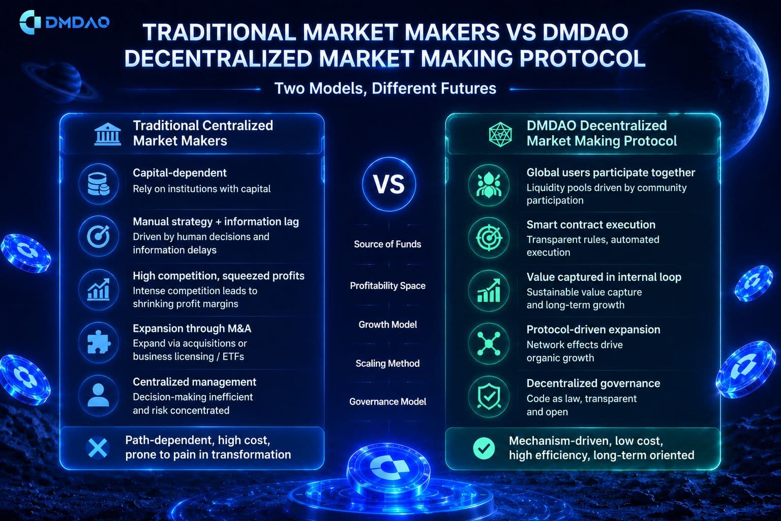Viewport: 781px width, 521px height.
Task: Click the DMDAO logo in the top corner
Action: click(x=65, y=22)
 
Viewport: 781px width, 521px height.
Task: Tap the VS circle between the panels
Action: click(x=389, y=184)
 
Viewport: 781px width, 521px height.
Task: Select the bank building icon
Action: click(x=108, y=134)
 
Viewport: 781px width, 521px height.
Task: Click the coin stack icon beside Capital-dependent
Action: click(x=99, y=184)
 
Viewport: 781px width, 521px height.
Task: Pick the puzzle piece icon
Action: click(x=99, y=342)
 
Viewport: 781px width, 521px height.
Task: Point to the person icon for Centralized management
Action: click(x=99, y=395)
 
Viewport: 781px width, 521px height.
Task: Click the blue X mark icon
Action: click(x=98, y=448)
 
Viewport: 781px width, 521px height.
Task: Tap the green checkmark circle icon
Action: click(x=484, y=448)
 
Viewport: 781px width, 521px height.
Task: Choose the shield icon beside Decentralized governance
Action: click(x=489, y=397)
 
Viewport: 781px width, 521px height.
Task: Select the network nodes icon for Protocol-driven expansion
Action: click(x=489, y=344)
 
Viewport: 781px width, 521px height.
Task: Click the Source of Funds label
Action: click(x=388, y=244)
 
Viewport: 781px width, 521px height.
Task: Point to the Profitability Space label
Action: click(x=388, y=286)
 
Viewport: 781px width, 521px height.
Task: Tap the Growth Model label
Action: click(x=388, y=325)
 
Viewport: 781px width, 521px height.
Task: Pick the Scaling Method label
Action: click(x=388, y=363)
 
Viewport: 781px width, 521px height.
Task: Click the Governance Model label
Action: click(x=388, y=401)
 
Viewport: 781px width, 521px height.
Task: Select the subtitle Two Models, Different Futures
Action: click(x=385, y=89)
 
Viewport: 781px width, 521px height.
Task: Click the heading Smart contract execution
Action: click(x=591, y=225)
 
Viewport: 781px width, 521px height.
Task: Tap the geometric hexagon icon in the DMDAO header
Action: click(x=500, y=134)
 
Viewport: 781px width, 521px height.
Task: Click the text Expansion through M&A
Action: click(x=192, y=329)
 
